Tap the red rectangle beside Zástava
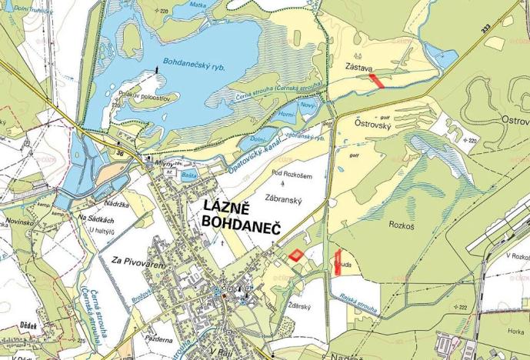coord(375,80)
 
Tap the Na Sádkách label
coord(96,219)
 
